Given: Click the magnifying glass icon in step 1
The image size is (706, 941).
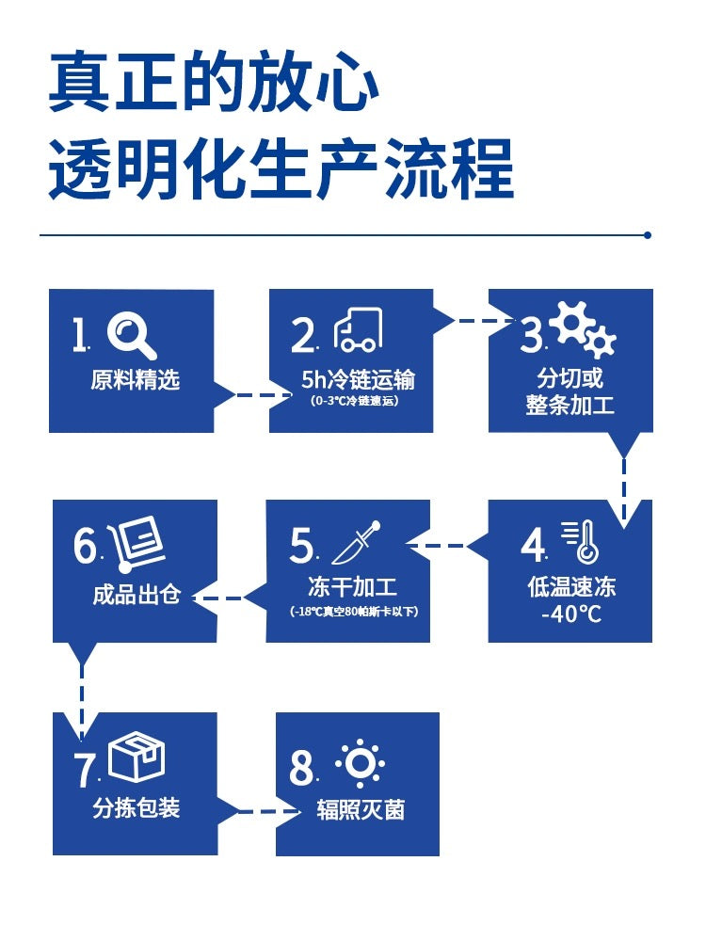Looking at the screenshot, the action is click(x=131, y=337).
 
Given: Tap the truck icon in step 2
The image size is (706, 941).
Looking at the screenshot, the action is click(x=358, y=329).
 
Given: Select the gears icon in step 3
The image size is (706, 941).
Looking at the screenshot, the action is click(x=582, y=328).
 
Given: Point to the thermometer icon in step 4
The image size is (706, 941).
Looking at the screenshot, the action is click(x=581, y=542).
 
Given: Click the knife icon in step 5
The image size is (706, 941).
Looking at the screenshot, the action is click(x=357, y=543).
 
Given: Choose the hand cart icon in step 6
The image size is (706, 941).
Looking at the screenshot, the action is click(x=136, y=544).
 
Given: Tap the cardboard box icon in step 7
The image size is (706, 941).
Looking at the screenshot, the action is click(x=136, y=758).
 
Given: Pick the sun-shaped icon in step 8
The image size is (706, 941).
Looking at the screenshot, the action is click(x=360, y=763).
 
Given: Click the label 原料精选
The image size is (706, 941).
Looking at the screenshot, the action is click(x=135, y=380).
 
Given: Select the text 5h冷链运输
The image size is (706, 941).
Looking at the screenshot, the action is click(x=358, y=379).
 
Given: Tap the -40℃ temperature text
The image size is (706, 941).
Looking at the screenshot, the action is click(x=571, y=614).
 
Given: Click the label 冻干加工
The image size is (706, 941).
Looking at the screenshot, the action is click(x=352, y=587).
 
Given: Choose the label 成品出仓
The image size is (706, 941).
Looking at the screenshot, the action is click(x=136, y=594).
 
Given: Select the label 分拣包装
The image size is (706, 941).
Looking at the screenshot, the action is click(x=136, y=807).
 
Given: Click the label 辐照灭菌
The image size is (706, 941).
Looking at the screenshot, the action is click(x=361, y=809).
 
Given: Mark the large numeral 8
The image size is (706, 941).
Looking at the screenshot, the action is click(x=301, y=768).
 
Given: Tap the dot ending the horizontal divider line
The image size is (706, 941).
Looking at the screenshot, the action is click(x=648, y=235).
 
